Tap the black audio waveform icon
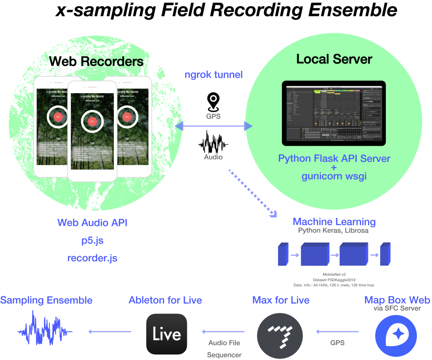pos(213,142)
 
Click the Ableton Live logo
pos(167,335)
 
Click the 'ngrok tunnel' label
pos(214,75)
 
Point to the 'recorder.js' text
pos(92,258)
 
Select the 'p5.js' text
pos(92,240)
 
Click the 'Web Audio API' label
pos(92,223)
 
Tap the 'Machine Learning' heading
pos(334,222)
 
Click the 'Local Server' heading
pos(334,59)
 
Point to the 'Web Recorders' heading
pos(96,61)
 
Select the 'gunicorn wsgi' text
pos(334,176)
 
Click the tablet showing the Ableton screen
pos(334,113)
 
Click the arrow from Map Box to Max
pos(337,332)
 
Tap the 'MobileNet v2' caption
pos(334,274)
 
